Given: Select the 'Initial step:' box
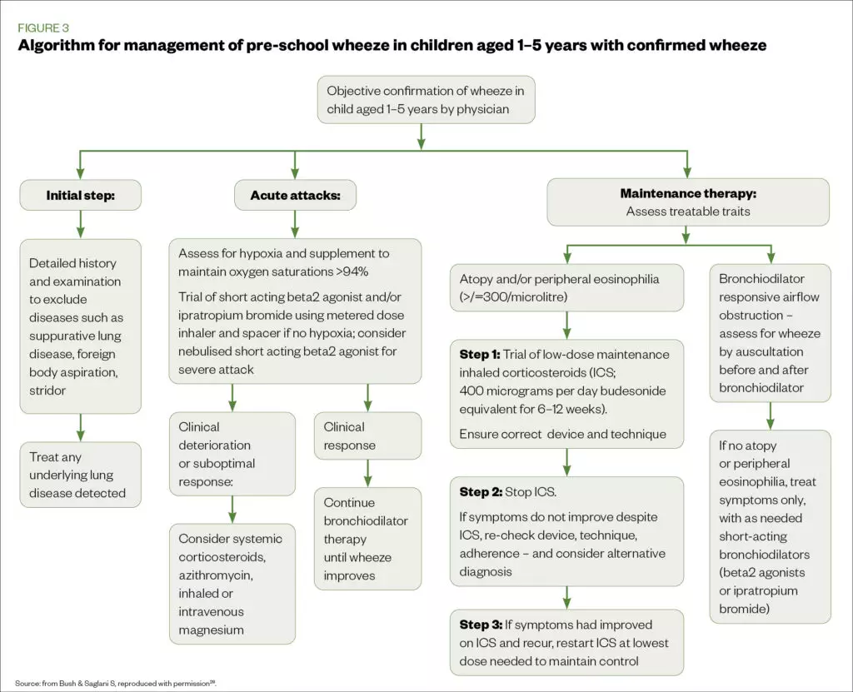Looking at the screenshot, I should tap(80, 196).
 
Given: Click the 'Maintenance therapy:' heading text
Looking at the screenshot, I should tap(687, 193).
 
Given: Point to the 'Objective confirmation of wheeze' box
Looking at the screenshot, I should tap(426, 100).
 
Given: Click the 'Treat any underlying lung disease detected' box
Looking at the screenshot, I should tap(80, 475).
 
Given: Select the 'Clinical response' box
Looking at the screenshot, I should tap(367, 436).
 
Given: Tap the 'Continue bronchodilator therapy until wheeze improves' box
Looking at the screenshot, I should tap(367, 539).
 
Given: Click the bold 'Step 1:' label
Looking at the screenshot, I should tap(479, 354).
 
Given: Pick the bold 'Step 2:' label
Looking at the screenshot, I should tap(479, 491).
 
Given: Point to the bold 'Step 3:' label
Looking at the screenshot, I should tap(479, 625).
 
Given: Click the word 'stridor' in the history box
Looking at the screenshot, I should tap(47, 390).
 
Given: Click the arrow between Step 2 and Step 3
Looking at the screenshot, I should tap(566, 597).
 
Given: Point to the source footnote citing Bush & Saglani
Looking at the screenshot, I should tap(117, 683).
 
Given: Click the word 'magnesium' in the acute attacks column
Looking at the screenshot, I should tap(211, 630).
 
